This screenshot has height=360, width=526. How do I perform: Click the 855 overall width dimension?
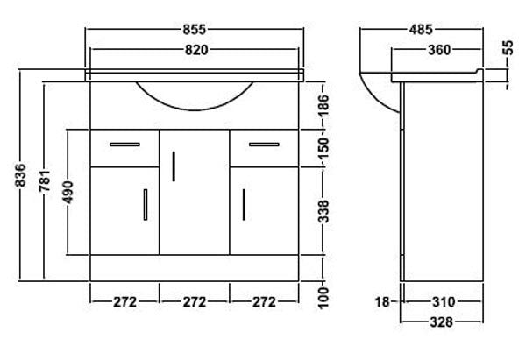coord(194,30)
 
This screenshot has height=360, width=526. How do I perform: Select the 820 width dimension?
coord(196,50)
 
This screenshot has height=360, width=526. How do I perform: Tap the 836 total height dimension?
coord(20,175)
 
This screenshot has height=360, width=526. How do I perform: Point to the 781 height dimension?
coord(45,180)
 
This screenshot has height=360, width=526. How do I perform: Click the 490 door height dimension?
coord(68,193)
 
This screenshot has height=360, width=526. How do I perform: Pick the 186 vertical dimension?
coord(323,105)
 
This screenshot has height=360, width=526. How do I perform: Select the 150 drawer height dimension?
coord(323,148)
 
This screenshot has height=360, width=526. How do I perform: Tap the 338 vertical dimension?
coord(323,211)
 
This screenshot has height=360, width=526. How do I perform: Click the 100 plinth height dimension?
coord(323,298)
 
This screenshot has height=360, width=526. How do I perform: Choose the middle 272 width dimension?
coord(195,302)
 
